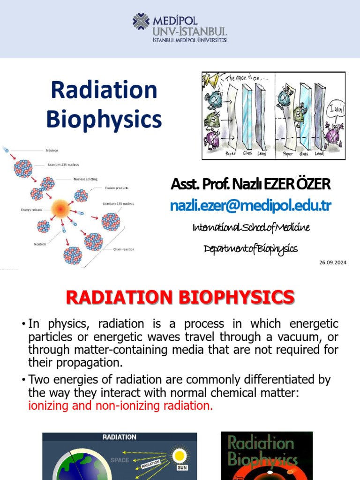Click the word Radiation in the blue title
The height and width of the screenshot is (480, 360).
104,90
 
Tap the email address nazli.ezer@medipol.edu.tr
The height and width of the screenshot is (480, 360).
251,206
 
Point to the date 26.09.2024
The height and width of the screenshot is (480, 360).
332,262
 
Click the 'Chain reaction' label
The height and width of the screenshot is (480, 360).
124,249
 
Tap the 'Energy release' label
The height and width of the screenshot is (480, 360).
32,210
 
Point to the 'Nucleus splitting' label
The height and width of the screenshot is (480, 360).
85,179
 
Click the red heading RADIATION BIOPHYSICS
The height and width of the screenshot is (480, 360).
180,297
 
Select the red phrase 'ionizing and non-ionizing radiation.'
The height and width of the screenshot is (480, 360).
120,406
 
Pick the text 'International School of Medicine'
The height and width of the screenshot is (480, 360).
251,227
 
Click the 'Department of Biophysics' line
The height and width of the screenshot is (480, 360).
251,248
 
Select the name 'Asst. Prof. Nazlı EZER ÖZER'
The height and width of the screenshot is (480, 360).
251,184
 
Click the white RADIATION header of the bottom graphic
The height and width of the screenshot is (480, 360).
120,437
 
